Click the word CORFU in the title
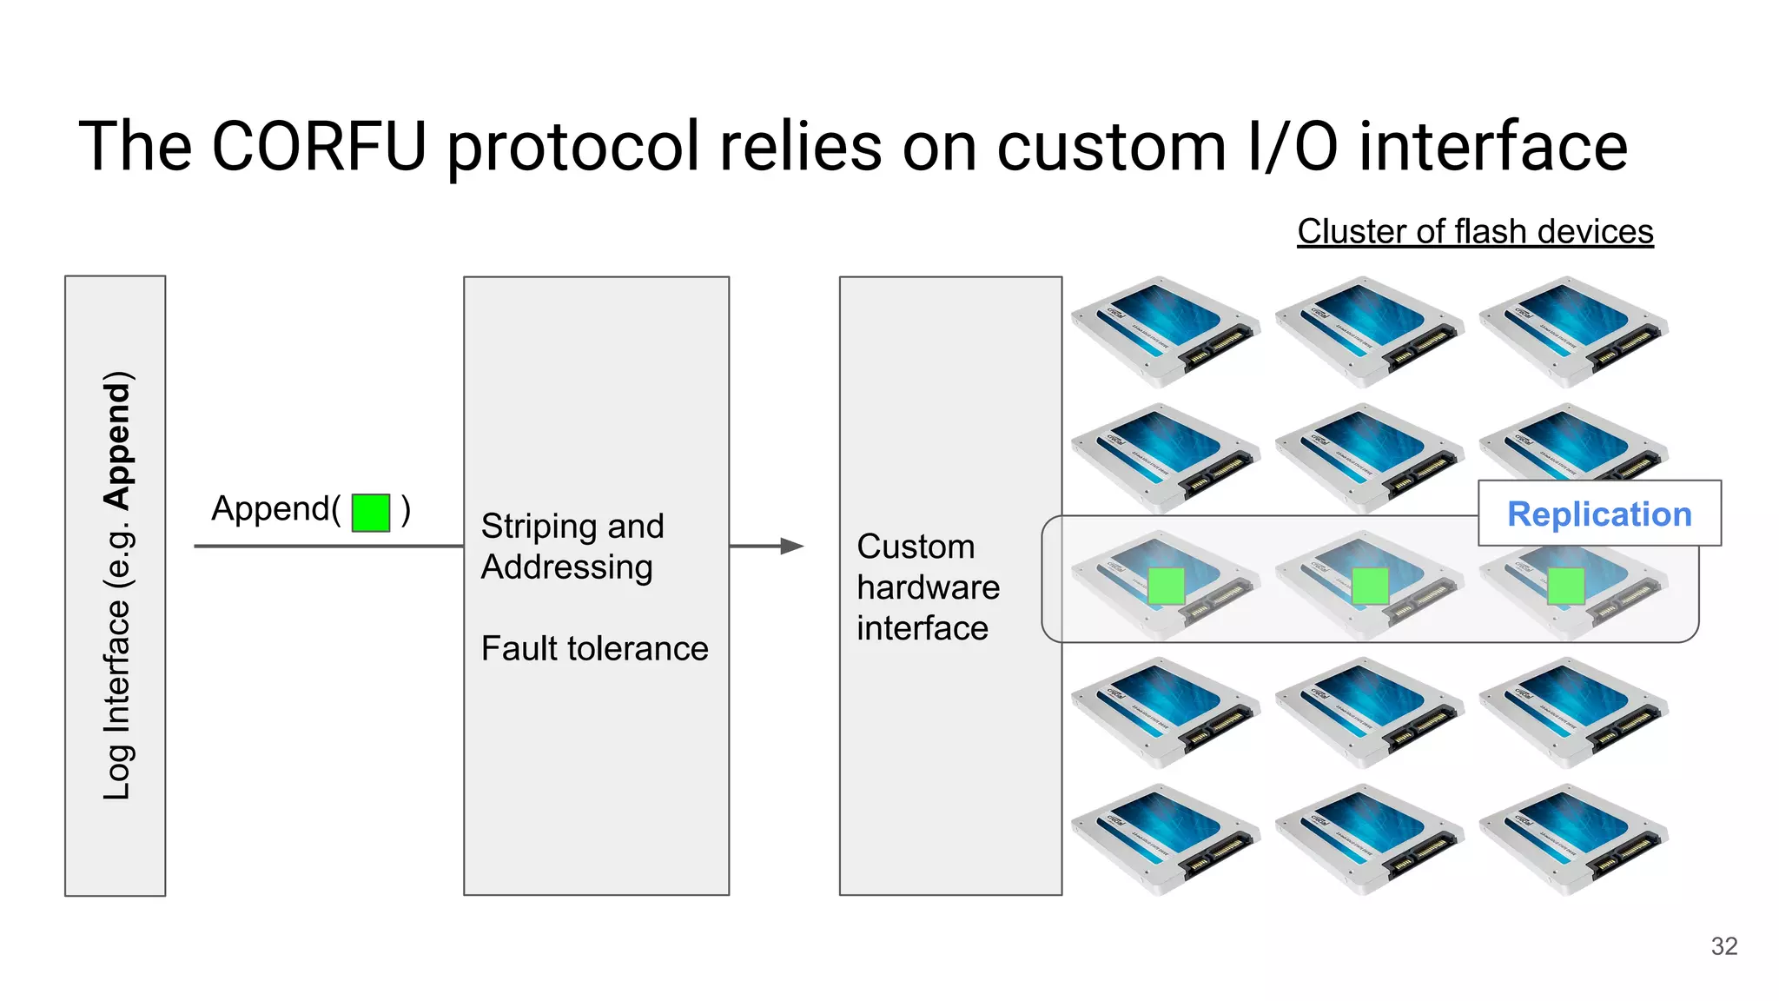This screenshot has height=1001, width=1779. pos(319,146)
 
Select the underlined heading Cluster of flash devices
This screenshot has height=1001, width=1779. pos(1475,232)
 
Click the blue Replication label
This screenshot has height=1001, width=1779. pos(1599,514)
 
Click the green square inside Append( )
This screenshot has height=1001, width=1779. pos(371,512)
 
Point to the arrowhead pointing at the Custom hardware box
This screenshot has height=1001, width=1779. pos(791,546)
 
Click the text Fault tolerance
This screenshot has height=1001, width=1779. pos(594,648)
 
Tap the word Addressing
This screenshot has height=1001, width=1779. pos(566,567)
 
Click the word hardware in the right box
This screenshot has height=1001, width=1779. pos(928,587)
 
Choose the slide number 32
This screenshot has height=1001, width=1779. pos(1723,946)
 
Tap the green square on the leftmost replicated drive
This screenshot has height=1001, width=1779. pos(1166,586)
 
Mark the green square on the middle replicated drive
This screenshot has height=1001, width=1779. pos(1370,586)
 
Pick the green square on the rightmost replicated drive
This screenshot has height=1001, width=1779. pos(1565,586)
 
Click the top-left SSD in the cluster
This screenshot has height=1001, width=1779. pos(1164,330)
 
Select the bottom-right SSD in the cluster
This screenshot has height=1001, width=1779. pos(1572,839)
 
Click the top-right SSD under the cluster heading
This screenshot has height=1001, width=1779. pos(1572,330)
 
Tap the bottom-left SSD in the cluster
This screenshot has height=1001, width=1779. pos(1164,839)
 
